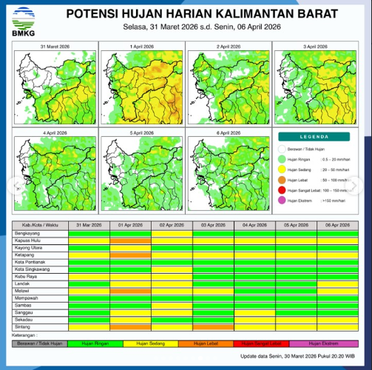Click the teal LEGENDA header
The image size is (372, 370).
[314, 137]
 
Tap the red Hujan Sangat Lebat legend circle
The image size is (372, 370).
[282, 189]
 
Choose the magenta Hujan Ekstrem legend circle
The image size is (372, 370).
[282, 201]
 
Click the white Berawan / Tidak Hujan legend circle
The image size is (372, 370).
[282, 147]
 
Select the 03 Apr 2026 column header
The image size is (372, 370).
[213, 224]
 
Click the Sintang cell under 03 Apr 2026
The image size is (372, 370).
[213, 325]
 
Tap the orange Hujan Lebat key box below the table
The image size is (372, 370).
[213, 343]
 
